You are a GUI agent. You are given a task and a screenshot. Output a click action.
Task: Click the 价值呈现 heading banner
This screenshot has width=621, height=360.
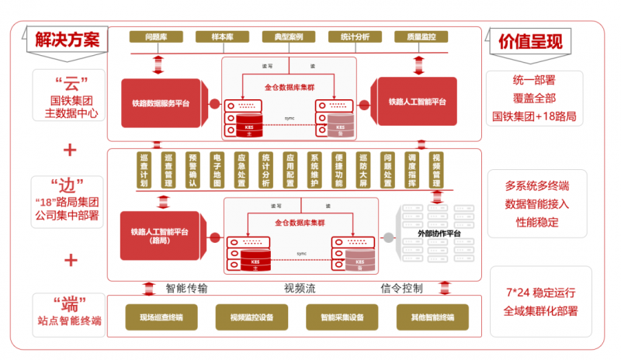click(530, 40)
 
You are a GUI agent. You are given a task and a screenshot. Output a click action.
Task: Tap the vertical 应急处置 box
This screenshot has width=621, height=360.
click(241, 171)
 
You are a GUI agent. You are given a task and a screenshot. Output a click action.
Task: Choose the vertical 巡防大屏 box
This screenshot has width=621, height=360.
click(363, 171)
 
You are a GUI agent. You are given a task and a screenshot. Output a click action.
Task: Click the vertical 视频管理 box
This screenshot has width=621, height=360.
click(436, 171)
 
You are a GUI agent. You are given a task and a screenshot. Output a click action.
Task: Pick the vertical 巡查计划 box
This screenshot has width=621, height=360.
click(144, 171)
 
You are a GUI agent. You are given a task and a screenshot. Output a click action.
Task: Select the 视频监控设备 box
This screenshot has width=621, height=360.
click(251, 317)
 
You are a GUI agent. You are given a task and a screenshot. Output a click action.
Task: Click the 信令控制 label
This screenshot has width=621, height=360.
click(401, 289)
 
